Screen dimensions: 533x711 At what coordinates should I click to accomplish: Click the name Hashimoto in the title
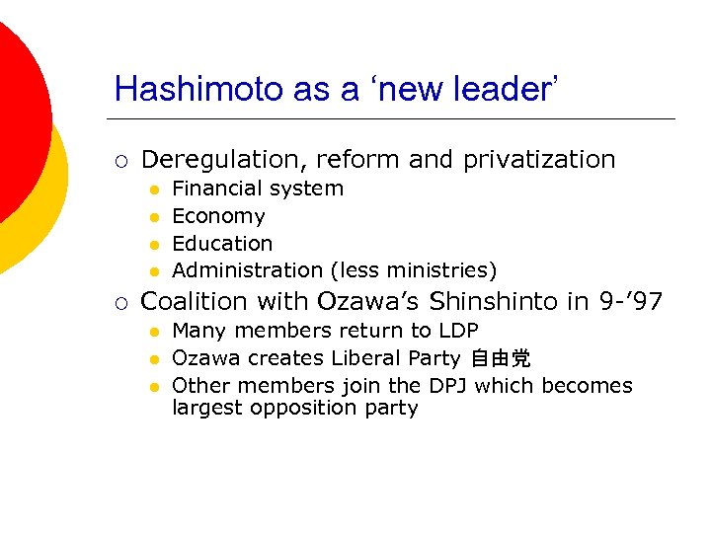(198, 89)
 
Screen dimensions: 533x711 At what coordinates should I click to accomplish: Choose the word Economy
(218, 216)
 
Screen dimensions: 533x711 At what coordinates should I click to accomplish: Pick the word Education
(222, 243)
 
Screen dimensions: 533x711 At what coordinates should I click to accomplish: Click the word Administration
(247, 270)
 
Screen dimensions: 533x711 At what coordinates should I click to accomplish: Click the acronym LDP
(458, 331)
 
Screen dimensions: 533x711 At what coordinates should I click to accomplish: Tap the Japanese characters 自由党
(501, 358)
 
